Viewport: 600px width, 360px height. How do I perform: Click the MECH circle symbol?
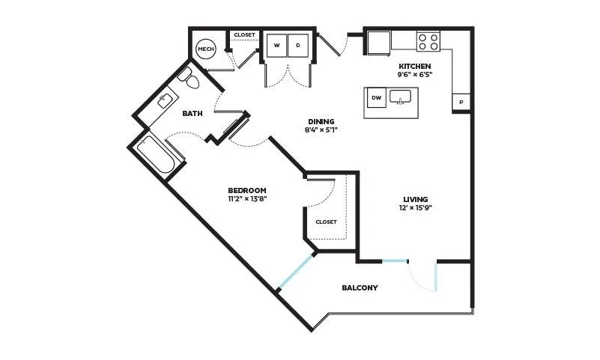[x=205, y=49]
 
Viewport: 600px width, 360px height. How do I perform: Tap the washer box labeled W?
[x=276, y=46]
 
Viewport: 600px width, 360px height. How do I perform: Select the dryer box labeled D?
[x=298, y=46]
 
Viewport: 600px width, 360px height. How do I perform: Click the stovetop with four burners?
[x=428, y=42]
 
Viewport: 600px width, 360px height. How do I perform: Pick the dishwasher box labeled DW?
[x=377, y=97]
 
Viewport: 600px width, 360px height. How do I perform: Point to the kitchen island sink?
[x=400, y=97]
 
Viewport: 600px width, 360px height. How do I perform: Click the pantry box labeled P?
[x=461, y=103]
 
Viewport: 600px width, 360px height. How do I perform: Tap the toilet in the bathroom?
[x=189, y=78]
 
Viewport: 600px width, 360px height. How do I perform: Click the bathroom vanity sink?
[x=166, y=100]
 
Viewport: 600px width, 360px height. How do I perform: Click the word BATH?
[x=192, y=114]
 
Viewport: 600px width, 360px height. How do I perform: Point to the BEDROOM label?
[x=246, y=190]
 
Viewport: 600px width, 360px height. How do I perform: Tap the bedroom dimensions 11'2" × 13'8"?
[x=246, y=199]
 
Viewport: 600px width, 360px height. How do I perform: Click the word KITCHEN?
[x=415, y=66]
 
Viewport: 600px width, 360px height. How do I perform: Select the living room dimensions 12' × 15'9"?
[x=415, y=208]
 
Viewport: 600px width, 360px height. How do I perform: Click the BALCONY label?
[x=360, y=287]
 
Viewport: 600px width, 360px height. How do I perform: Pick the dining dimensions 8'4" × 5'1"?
[x=321, y=130]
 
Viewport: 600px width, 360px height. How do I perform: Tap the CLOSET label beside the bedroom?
[x=326, y=222]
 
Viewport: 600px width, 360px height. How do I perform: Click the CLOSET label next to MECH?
[x=244, y=34]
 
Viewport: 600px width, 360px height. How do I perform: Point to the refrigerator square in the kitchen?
[x=379, y=43]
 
